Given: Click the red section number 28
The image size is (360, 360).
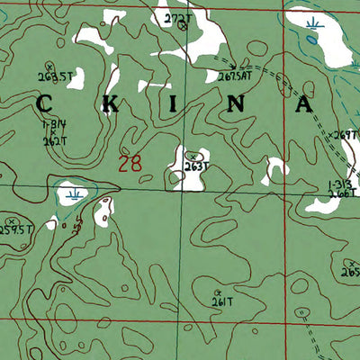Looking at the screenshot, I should point(130,164).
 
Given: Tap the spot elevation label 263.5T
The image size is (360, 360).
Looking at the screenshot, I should point(56,76).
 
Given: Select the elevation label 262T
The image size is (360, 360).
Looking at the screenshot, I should point(55,140).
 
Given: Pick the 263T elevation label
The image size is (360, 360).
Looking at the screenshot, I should point(195,166).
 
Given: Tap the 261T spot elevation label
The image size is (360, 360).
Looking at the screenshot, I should point(222,302).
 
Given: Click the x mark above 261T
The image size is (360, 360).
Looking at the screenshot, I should point(218,292).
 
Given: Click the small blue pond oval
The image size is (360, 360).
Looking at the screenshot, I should point(311,40).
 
